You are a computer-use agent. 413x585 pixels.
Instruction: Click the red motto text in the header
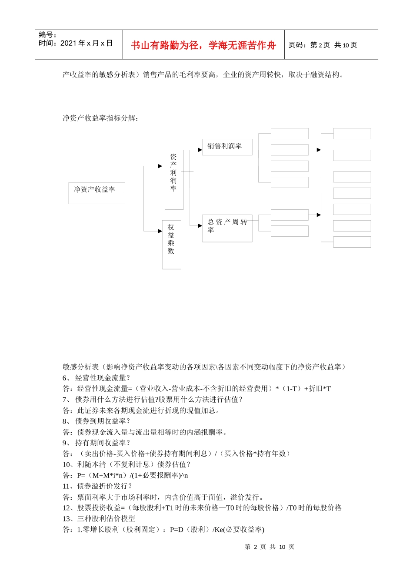point(203,45)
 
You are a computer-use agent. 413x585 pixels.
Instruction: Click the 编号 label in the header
point(47,35)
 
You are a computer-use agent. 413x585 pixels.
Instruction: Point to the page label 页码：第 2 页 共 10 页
point(323,45)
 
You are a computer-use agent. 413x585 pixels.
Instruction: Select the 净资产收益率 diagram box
point(97,193)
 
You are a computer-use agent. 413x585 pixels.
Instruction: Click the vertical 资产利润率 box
point(174,179)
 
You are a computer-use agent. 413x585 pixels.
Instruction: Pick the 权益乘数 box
point(171,245)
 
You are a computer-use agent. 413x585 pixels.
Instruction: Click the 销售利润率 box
point(227,147)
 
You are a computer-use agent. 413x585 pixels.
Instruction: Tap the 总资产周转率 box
point(227,228)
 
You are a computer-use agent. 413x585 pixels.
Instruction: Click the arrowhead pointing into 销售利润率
point(200,150)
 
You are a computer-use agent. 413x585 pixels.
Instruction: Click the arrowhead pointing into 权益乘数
point(160,231)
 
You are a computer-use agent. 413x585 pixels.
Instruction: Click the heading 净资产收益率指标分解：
point(100,118)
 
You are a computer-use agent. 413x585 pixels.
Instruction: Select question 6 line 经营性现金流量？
point(97,378)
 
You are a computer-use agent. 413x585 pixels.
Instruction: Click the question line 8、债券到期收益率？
point(97,421)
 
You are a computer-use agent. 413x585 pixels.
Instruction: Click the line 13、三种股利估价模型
point(99,518)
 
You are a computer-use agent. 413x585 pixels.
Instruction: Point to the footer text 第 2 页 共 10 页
point(270,547)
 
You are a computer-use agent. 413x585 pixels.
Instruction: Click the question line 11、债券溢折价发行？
point(97,486)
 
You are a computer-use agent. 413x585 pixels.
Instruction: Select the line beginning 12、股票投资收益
point(202,508)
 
